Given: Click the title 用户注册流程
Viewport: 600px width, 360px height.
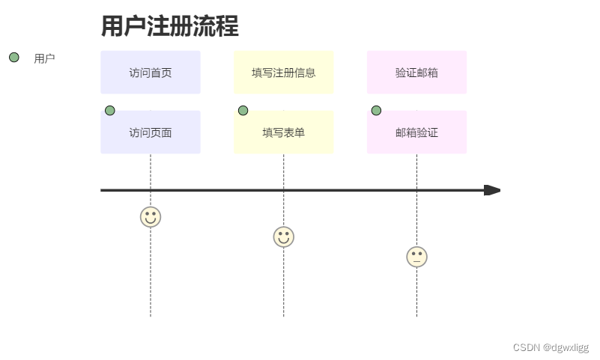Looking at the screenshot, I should (169, 27).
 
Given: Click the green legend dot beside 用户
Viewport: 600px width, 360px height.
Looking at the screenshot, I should (13, 58).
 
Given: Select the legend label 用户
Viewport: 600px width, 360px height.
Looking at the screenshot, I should (44, 58).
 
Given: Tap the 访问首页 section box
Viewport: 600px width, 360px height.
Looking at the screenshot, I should (151, 73).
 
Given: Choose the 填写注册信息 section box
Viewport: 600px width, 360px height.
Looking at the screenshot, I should (283, 73).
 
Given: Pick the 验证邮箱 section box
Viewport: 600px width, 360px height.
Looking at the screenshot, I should (416, 73).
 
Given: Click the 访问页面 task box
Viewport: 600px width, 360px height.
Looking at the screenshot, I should (151, 133).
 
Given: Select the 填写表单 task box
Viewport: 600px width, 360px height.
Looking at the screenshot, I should (283, 133).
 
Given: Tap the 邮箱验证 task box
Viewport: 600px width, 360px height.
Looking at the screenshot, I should (416, 133).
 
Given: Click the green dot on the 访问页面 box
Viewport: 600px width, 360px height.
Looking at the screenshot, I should (110, 111).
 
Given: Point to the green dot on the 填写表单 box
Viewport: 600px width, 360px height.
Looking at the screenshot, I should (243, 111).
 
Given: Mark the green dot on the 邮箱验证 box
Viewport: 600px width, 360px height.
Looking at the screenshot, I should (376, 111).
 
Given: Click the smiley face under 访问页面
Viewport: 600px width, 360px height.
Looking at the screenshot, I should (151, 217).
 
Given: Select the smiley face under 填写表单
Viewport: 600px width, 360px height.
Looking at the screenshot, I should (283, 237).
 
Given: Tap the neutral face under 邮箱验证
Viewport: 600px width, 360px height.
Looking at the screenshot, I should (416, 257).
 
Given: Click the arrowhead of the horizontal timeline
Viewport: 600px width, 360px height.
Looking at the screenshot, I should (491, 190).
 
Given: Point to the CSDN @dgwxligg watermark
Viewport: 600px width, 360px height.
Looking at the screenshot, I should (551, 347).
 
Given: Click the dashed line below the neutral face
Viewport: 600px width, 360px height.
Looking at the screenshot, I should (416, 292).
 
